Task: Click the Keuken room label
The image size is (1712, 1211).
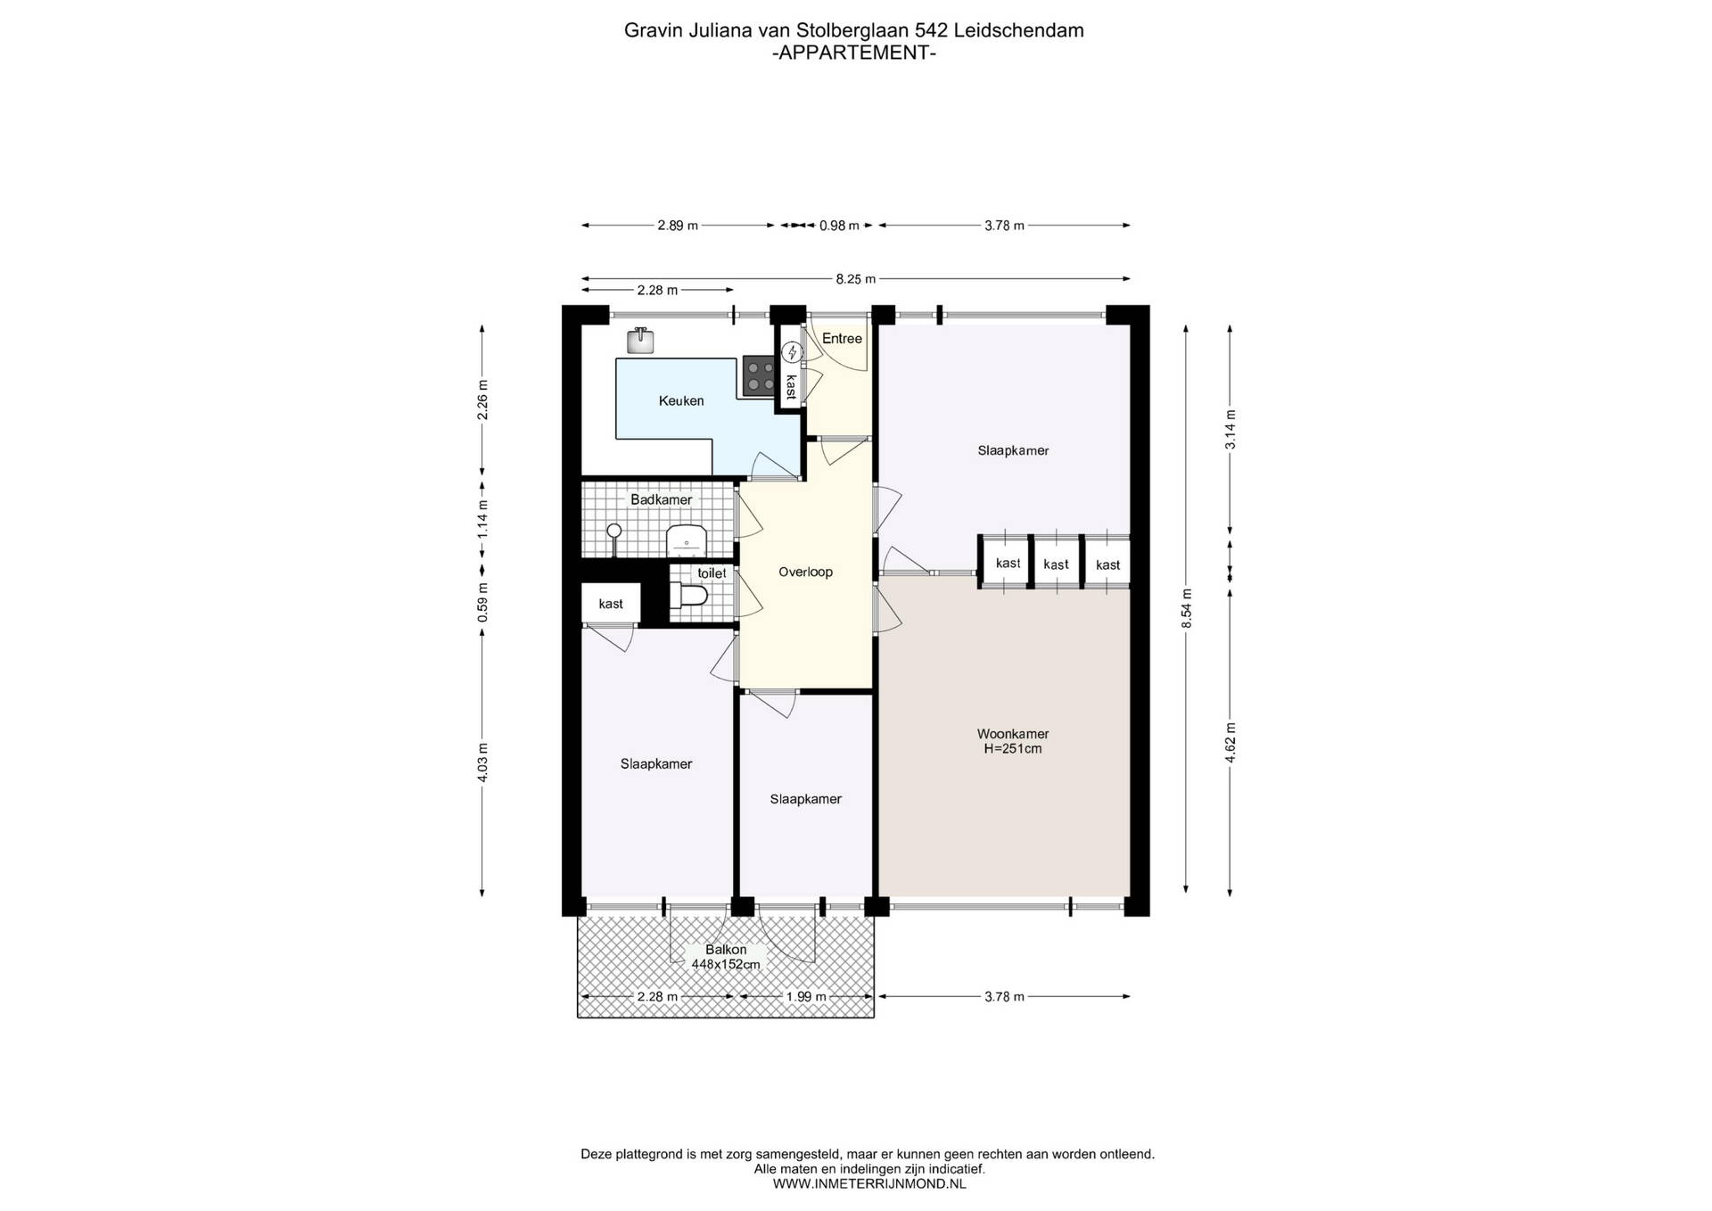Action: click(681, 401)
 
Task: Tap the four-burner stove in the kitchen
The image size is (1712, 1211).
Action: click(759, 376)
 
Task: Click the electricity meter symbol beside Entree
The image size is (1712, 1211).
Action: click(791, 353)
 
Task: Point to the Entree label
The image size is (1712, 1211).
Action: click(842, 339)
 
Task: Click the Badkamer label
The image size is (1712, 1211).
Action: click(661, 500)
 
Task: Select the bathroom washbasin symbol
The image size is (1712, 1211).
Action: click(687, 540)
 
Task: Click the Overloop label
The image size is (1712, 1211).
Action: click(805, 573)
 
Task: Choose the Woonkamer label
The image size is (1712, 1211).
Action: click(1013, 735)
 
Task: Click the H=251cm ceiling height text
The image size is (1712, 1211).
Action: click(1013, 749)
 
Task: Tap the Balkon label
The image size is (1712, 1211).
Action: click(726, 950)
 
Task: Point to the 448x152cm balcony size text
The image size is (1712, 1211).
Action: click(726, 964)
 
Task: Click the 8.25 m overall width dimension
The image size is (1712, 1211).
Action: click(856, 279)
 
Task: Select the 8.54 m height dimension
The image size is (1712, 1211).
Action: click(1187, 608)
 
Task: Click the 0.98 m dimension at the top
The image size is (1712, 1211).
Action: click(839, 226)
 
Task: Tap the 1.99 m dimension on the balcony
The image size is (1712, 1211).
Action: click(806, 997)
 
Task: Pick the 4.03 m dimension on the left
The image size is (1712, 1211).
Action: click(483, 762)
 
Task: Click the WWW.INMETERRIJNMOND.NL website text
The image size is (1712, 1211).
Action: click(868, 1184)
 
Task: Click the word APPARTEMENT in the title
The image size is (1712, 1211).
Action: click(854, 53)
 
